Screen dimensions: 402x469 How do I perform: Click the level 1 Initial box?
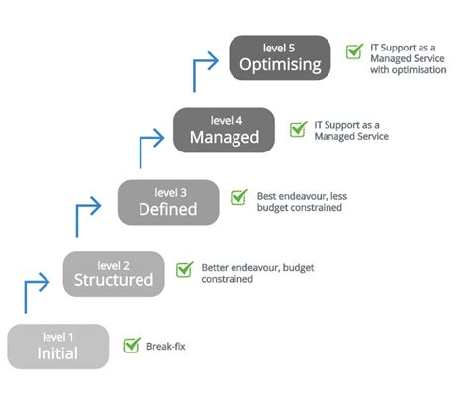[57, 346]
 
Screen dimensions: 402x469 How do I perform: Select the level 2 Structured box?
[114, 273]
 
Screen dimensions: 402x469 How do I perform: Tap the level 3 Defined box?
[166, 202]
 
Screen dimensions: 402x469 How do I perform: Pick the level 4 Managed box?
[224, 130]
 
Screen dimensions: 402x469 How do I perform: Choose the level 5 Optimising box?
[281, 58]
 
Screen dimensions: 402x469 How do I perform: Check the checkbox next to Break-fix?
[131, 346]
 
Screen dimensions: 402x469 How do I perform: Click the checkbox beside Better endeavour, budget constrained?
[184, 269]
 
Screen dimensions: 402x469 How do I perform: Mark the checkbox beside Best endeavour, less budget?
[238, 197]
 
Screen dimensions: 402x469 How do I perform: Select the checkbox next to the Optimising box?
[353, 52]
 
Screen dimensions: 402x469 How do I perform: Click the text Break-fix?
[165, 347]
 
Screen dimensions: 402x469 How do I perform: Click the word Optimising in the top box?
[281, 66]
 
